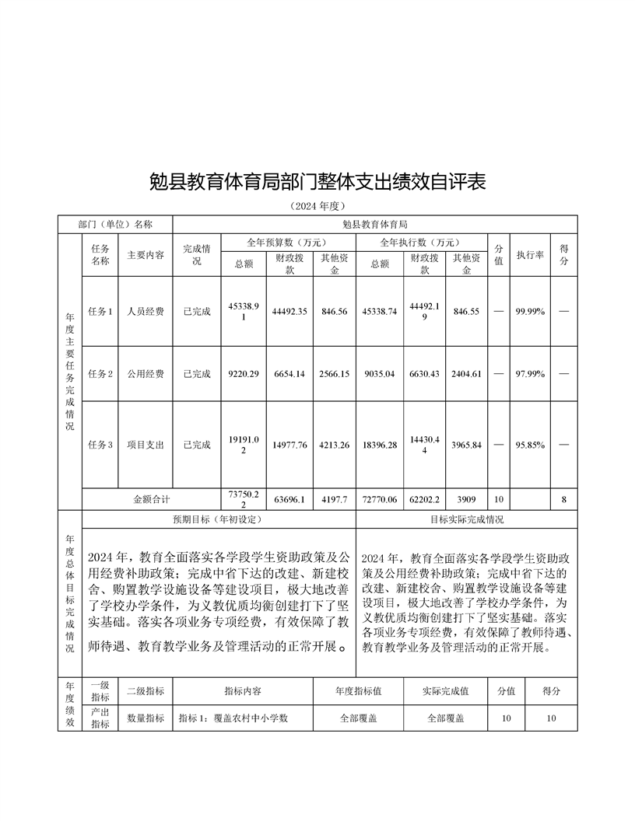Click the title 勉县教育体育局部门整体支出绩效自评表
pyautogui.click(x=317, y=183)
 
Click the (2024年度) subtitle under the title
pyautogui.click(x=317, y=206)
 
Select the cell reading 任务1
pyautogui.click(x=100, y=311)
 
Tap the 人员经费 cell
pyautogui.click(x=146, y=311)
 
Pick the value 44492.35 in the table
pyautogui.click(x=289, y=311)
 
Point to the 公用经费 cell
pyautogui.click(x=146, y=374)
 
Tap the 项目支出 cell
pyautogui.click(x=146, y=445)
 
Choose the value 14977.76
pyautogui.click(x=289, y=445)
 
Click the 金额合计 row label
pyautogui.click(x=152, y=498)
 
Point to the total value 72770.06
pyautogui.click(x=380, y=498)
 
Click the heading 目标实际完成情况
pyautogui.click(x=467, y=519)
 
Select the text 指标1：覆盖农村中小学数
pyautogui.click(x=234, y=718)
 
